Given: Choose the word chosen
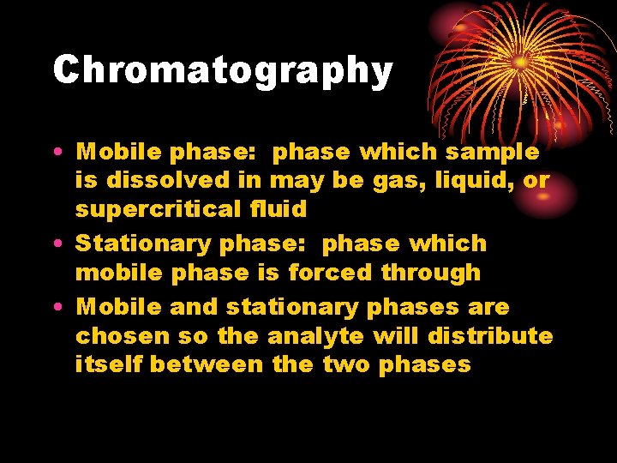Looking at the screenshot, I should [123, 335].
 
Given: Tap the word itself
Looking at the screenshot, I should [109, 364].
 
